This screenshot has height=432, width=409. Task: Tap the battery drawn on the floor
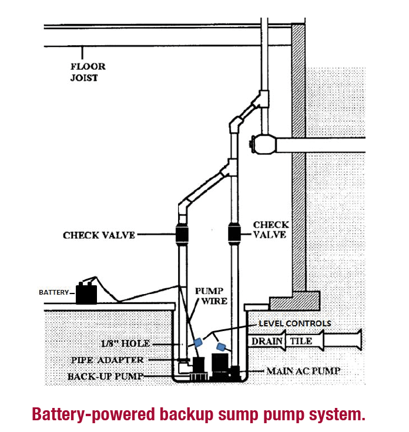(86, 293)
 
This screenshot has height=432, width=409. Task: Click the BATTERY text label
(53, 292)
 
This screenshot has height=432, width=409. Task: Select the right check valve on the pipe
(234, 235)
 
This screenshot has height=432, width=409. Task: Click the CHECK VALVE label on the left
(99, 235)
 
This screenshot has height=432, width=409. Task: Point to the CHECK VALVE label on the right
(270, 229)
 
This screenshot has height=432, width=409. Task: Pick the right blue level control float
(222, 347)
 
